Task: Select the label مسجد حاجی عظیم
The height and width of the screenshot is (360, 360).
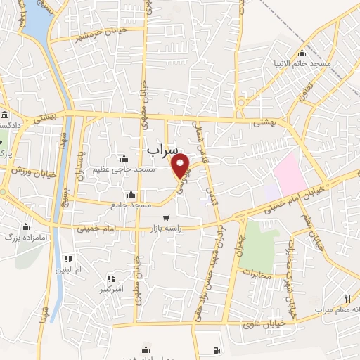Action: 134,169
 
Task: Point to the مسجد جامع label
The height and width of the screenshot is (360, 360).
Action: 131,205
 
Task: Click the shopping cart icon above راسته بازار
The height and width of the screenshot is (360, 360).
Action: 165,217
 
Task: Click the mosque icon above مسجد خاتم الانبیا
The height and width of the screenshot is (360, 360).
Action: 302,53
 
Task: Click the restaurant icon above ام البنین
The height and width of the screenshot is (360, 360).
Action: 68,259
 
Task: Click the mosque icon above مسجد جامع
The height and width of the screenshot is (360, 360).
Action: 131,194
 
